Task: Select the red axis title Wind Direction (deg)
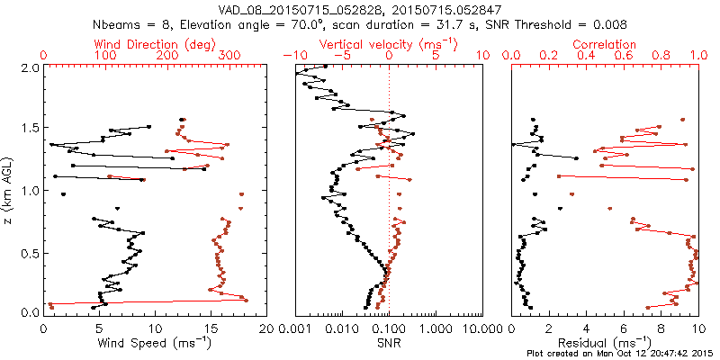coord(155,43)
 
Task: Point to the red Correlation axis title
coord(604,43)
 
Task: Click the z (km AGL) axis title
coord(8,190)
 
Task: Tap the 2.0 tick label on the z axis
coord(29,67)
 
